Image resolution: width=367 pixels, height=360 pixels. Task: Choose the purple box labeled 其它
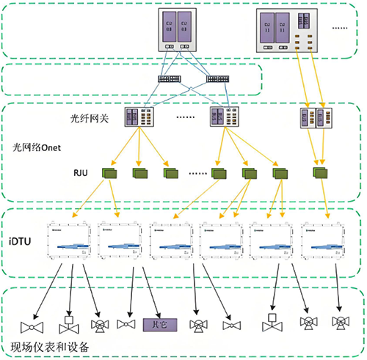pos(156,323)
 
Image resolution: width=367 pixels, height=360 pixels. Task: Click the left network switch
pos(171,78)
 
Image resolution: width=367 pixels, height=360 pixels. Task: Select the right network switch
pos(219,78)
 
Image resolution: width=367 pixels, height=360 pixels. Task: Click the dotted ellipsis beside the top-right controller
pos(341,27)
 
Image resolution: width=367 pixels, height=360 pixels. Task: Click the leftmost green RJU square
pos(112,174)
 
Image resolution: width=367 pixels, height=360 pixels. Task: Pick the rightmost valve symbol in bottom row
pos(339,323)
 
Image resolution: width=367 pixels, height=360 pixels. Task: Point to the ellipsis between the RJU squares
pos(198,174)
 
